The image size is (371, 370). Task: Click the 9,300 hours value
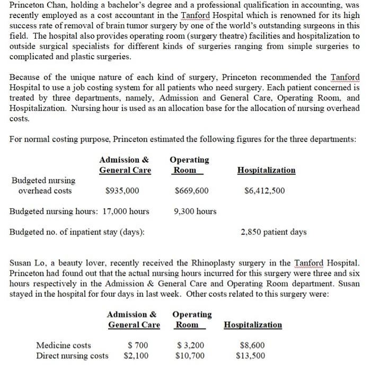tap(195, 212)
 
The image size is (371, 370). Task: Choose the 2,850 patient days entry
tap(273, 232)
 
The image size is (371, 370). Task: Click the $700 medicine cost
tap(137, 346)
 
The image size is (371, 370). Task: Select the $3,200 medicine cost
tap(190, 346)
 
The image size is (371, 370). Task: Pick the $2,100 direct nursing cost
tap(136, 356)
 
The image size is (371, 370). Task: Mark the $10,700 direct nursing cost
tap(190, 356)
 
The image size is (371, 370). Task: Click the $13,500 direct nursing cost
tap(251, 356)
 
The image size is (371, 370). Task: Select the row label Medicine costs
tap(63, 346)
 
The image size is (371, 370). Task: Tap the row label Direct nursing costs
tap(72, 356)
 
